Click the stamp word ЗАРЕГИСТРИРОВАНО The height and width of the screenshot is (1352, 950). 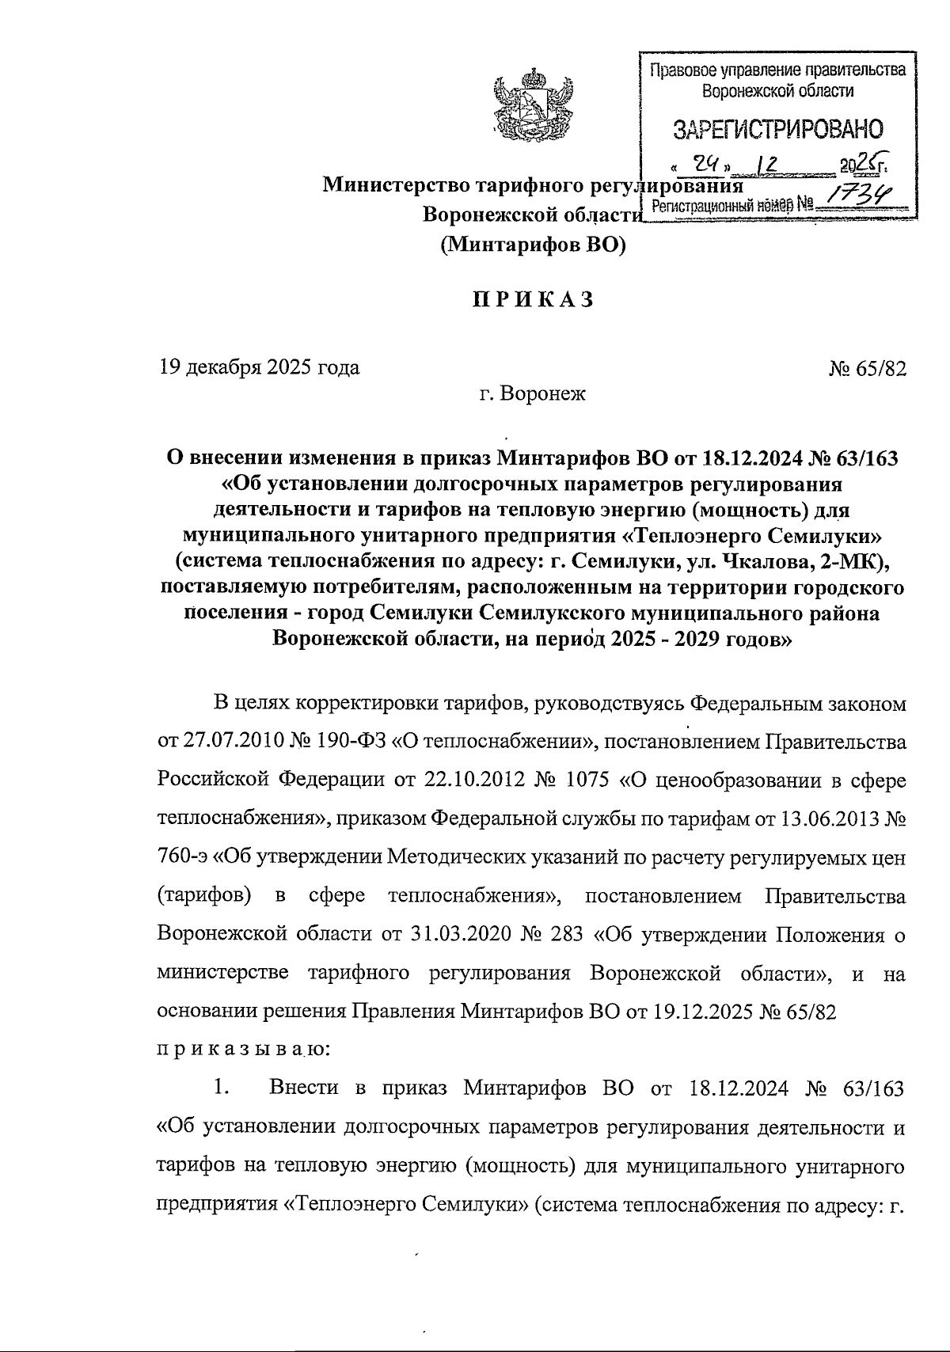777,129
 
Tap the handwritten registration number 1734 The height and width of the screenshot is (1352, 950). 855,192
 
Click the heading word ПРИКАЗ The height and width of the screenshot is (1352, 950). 532,301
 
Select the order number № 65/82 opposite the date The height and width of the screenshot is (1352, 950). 868,368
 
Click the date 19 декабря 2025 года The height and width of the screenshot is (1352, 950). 259,367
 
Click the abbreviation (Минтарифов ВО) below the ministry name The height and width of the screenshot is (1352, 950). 532,245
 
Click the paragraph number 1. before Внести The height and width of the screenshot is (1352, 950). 222,1088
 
